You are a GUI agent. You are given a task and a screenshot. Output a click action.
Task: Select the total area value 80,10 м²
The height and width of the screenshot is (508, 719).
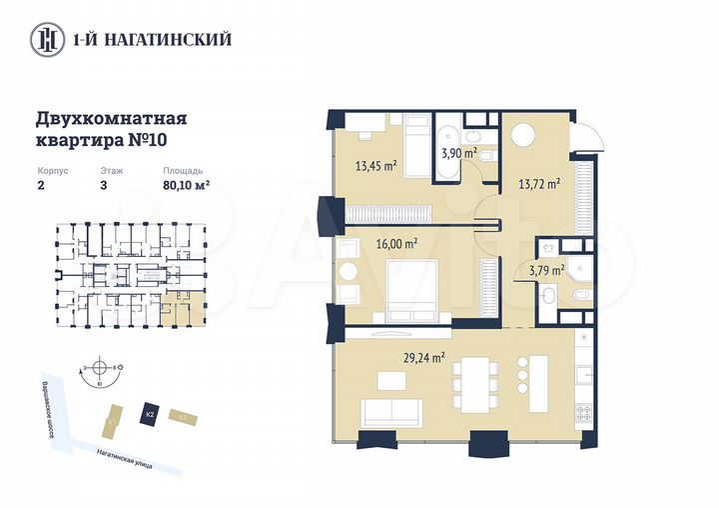[186, 184]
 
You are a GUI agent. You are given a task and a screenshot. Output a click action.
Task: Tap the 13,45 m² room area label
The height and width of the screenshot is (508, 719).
[376, 166]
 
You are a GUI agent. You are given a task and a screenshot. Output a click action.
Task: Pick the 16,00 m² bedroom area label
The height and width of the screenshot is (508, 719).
[396, 242]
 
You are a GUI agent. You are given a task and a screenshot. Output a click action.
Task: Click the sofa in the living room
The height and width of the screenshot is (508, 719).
[391, 411]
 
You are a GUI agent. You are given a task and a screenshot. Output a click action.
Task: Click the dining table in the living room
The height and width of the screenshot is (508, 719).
[474, 386]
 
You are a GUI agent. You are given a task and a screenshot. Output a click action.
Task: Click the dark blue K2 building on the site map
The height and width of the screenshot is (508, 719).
[149, 413]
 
